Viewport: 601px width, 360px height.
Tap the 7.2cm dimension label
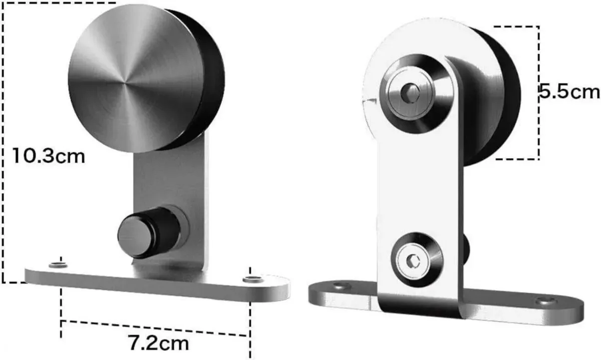(158, 343)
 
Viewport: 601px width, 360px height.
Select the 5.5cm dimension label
(569, 92)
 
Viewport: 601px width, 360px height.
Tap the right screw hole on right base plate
(546, 301)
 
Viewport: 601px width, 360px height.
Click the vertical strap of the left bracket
(170, 180)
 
